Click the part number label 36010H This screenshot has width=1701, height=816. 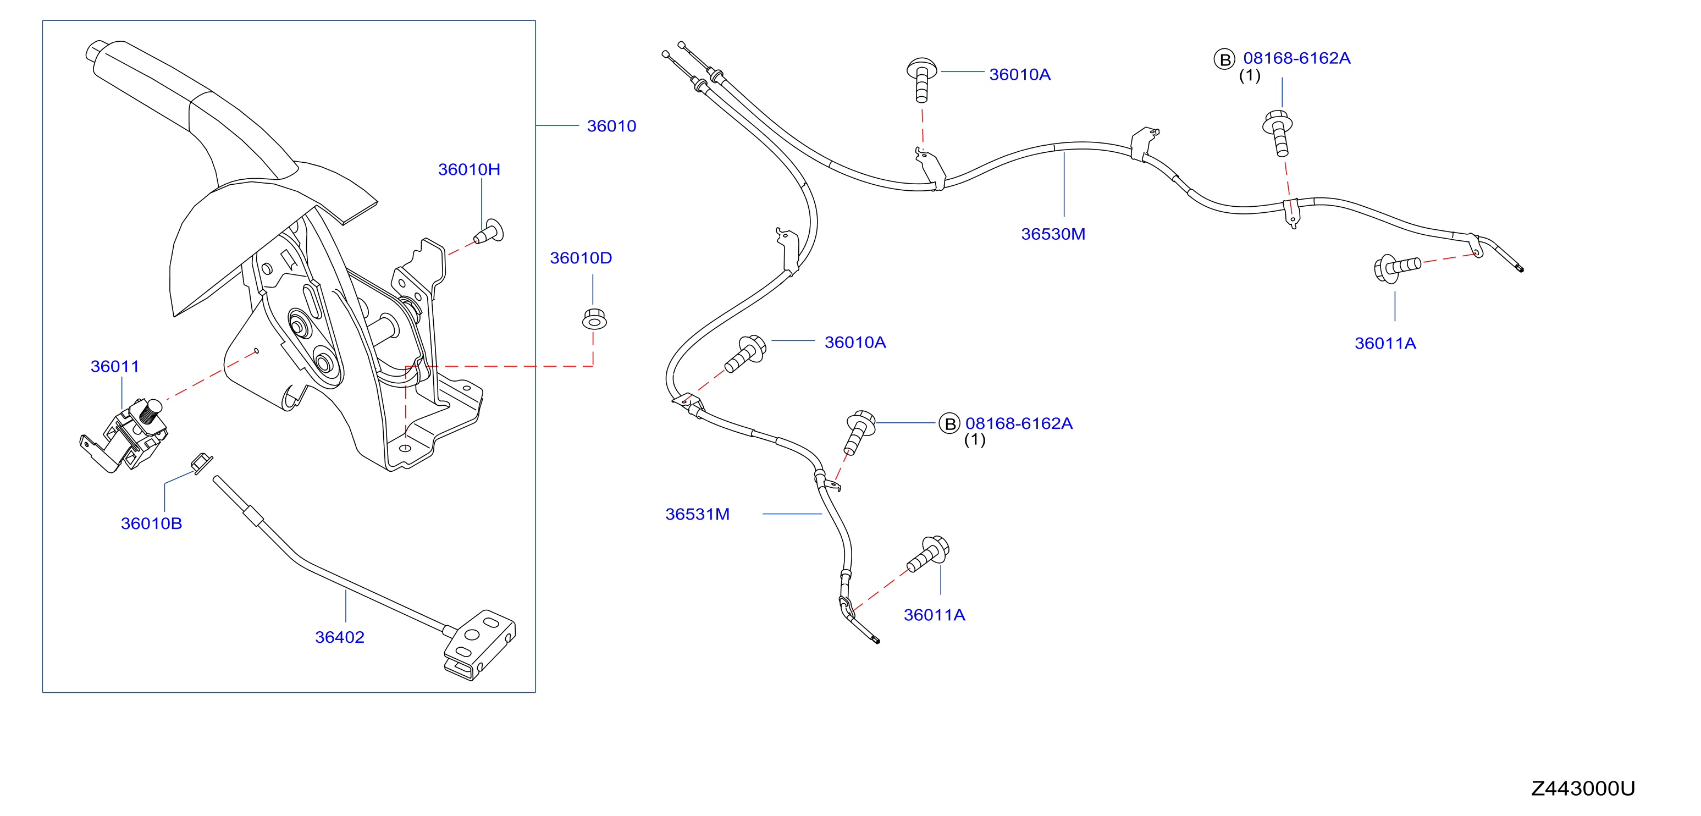(x=469, y=170)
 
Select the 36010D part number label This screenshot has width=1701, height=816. (x=581, y=258)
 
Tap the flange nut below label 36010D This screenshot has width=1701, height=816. (x=594, y=319)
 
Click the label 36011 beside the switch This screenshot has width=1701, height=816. (x=115, y=366)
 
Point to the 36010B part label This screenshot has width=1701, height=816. (x=151, y=523)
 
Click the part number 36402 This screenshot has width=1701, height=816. (x=339, y=637)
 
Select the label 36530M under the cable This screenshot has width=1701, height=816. (x=1053, y=234)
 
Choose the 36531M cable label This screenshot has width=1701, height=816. (x=697, y=514)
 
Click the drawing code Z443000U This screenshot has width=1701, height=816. (x=1583, y=789)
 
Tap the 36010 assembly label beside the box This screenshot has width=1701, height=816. (x=611, y=126)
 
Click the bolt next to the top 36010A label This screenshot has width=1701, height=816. (x=922, y=80)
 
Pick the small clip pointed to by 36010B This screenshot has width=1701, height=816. (x=202, y=463)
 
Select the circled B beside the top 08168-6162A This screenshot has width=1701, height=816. (x=1224, y=59)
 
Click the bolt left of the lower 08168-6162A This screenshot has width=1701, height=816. (x=859, y=432)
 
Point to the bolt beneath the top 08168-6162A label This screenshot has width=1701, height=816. (x=1278, y=133)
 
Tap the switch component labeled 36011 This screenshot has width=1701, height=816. (x=125, y=435)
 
